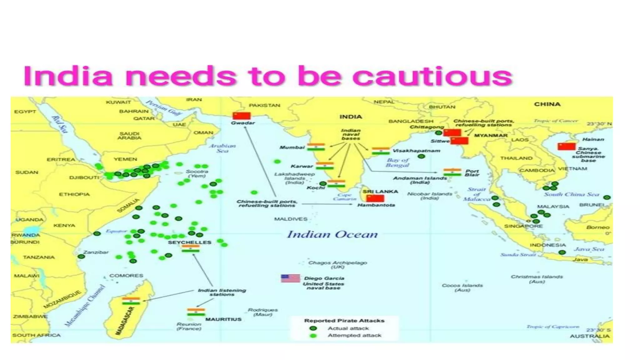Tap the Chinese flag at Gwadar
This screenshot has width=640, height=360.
tap(242, 116)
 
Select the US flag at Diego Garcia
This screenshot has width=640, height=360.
tap(290, 278)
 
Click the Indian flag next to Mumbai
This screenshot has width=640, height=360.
tap(316, 147)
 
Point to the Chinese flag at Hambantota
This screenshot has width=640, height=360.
tap(375, 198)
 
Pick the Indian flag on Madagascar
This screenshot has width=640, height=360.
tap(131, 301)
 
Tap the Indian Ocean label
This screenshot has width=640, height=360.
tap(332, 234)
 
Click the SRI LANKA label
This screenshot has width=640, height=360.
tap(380, 191)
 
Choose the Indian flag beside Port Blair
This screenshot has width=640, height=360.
tap(452, 172)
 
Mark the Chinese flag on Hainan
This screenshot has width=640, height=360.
tap(567, 146)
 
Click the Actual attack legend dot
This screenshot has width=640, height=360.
tap(313, 328)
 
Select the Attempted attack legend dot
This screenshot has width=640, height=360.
tap(313, 336)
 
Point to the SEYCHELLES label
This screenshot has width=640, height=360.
tap(189, 242)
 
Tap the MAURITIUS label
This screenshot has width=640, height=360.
tap(223, 319)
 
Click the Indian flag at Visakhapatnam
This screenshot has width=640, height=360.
tap(381, 151)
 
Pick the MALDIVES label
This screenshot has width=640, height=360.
tap(291, 219)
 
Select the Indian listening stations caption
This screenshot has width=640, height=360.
tap(222, 292)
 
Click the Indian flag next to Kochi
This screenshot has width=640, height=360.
tap(336, 183)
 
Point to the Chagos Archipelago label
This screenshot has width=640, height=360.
tap(337, 264)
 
